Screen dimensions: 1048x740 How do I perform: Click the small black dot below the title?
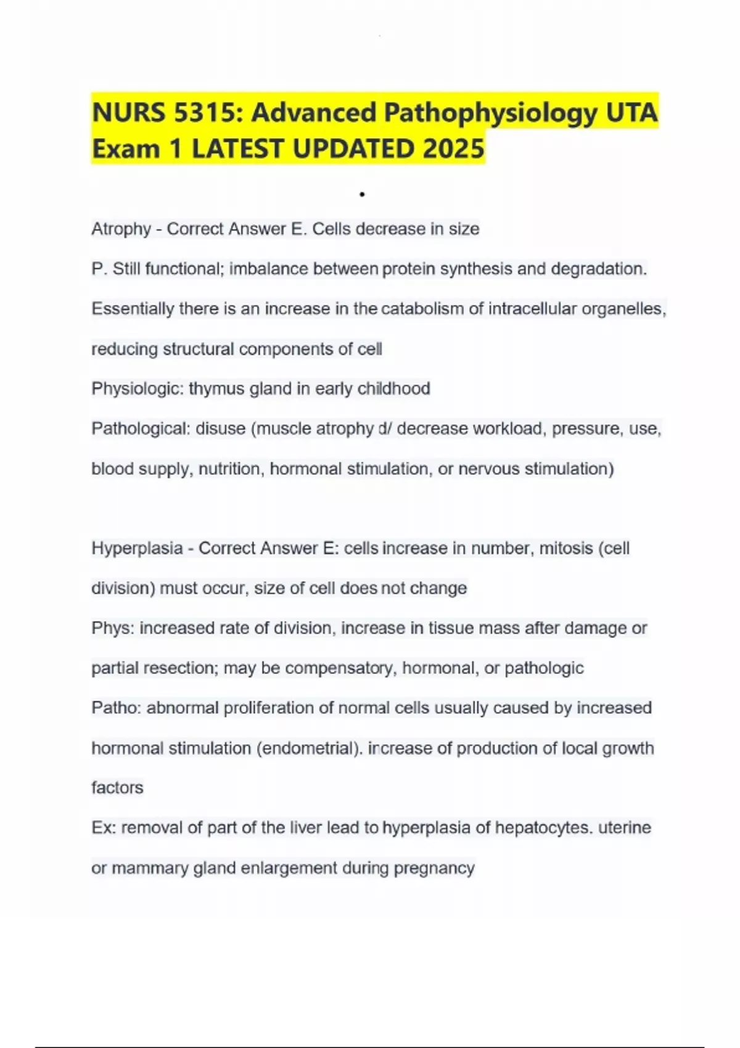tap(362, 195)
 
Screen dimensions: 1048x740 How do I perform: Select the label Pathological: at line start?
tap(141, 428)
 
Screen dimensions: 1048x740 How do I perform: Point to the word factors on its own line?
tap(117, 788)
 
